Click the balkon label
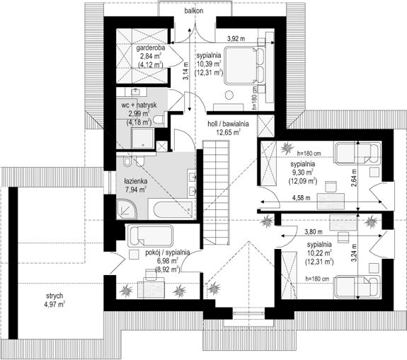point(194,11)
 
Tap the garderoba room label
point(151,47)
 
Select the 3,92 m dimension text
point(236,39)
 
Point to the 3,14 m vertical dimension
point(185,71)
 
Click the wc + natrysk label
point(139,105)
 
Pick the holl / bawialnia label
point(228,124)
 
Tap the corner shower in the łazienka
point(127,209)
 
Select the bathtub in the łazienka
point(172,209)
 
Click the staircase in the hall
point(216,192)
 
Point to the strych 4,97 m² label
point(55,300)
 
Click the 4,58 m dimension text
point(301,198)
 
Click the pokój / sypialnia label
point(168,252)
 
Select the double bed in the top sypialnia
point(245,65)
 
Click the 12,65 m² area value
point(228,132)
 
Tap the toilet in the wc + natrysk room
point(159,120)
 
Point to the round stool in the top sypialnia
point(229,95)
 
